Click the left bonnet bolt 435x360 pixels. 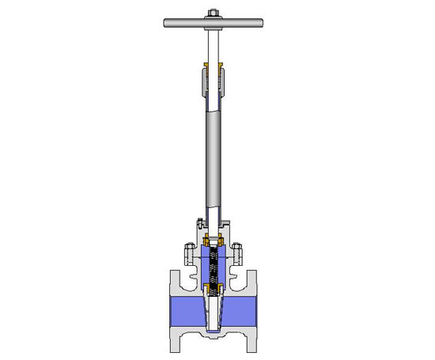tap(189, 255)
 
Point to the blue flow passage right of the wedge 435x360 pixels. tap(241, 309)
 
